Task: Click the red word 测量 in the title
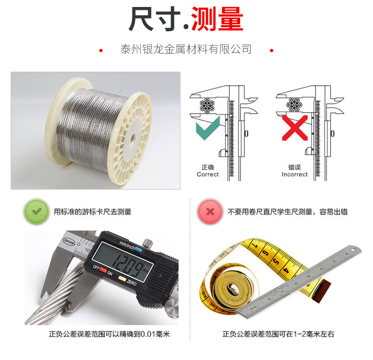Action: coord(217,19)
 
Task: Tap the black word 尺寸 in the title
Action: coord(155,19)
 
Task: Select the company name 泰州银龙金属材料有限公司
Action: coord(186,49)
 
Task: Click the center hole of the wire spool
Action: coord(132,137)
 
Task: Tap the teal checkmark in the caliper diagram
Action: coord(207,128)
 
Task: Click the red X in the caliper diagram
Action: coord(295,128)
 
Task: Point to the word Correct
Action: coord(207,175)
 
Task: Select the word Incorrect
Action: coord(295,175)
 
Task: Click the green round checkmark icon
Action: coord(36,211)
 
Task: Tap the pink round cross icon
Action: coord(210,211)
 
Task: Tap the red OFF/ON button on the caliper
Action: coord(103,270)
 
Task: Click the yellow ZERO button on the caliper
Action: coord(122,279)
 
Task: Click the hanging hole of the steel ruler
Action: coord(353,250)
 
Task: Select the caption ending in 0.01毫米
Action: coord(109,334)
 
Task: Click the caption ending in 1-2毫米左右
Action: coord(278,334)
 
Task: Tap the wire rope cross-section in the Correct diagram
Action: coord(207,105)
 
